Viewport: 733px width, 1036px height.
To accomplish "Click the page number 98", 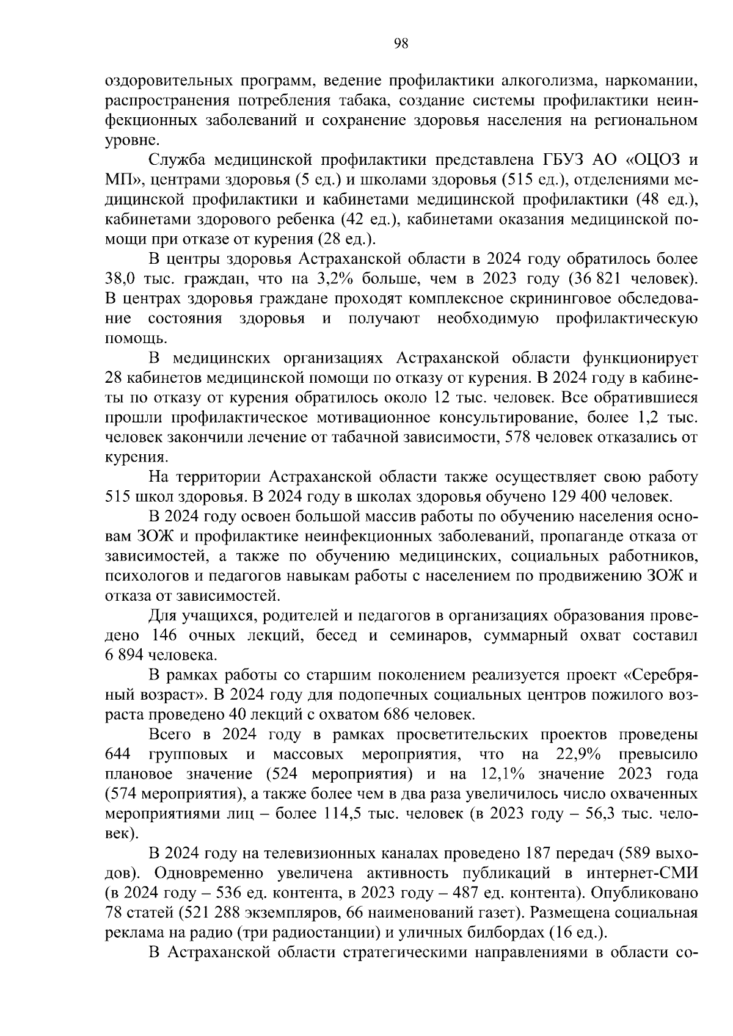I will point(401,43).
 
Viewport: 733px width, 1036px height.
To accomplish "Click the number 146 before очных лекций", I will point(163,636).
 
